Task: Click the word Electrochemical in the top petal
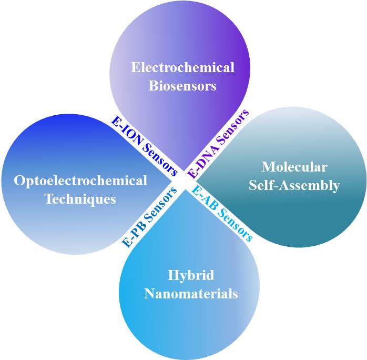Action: click(182, 68)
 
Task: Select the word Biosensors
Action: click(182, 86)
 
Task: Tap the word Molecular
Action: click(294, 167)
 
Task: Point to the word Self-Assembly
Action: click(294, 185)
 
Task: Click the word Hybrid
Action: click(191, 275)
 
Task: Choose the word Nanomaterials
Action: click(191, 293)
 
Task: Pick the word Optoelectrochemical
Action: click(80, 181)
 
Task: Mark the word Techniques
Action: click(80, 199)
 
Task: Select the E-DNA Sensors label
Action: click(219, 143)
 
